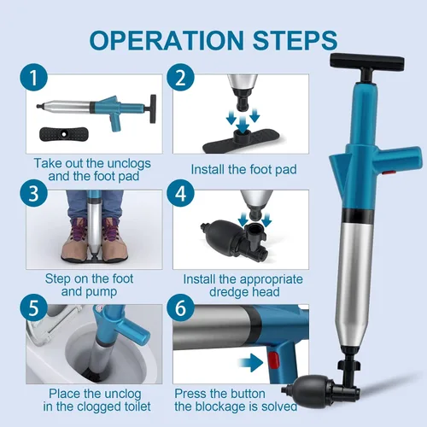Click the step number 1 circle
(x=33, y=77)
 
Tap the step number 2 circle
(x=180, y=77)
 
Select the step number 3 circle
(x=33, y=193)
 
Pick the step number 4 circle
(x=180, y=193)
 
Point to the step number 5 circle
(x=33, y=307)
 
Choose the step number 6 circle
(x=180, y=307)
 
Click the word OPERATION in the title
(x=167, y=40)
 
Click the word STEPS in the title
(x=295, y=40)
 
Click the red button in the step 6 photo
(x=273, y=360)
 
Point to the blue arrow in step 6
(x=251, y=362)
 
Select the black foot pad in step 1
(x=64, y=134)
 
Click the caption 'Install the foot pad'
(x=243, y=169)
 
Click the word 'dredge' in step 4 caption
(x=229, y=292)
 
